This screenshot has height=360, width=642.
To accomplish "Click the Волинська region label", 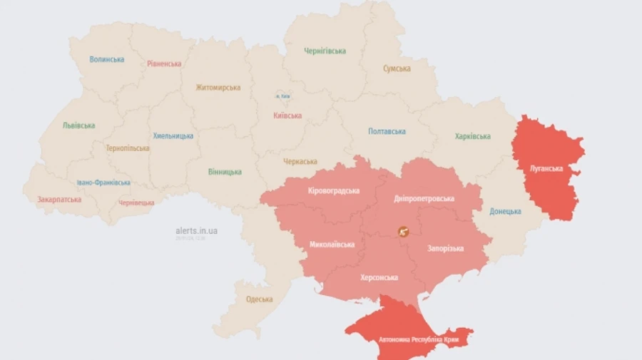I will [107, 59].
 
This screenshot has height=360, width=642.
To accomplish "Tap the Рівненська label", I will [164, 63].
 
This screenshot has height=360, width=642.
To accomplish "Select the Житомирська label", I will [218, 88].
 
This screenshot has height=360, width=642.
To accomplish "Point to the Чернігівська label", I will [325, 51].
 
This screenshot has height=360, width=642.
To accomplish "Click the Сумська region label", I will [397, 68].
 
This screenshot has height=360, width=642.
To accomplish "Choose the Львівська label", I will [78, 125].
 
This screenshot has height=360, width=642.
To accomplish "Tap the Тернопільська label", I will [128, 148].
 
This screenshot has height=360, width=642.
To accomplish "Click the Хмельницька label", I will [173, 135].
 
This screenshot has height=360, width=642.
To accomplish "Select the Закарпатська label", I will [59, 200].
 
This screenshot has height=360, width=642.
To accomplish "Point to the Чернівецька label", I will [136, 202].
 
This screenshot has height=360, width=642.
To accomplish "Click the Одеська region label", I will [260, 299].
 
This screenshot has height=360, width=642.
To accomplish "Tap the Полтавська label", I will [387, 131].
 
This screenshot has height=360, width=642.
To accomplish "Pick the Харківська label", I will [473, 136].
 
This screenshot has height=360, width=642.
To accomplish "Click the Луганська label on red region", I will [546, 169].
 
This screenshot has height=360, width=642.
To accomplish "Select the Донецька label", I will [505, 211].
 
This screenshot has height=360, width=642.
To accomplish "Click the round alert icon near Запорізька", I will [404, 231].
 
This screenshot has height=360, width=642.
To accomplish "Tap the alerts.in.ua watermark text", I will [197, 230].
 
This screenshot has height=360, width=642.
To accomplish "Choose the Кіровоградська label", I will [334, 190].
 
